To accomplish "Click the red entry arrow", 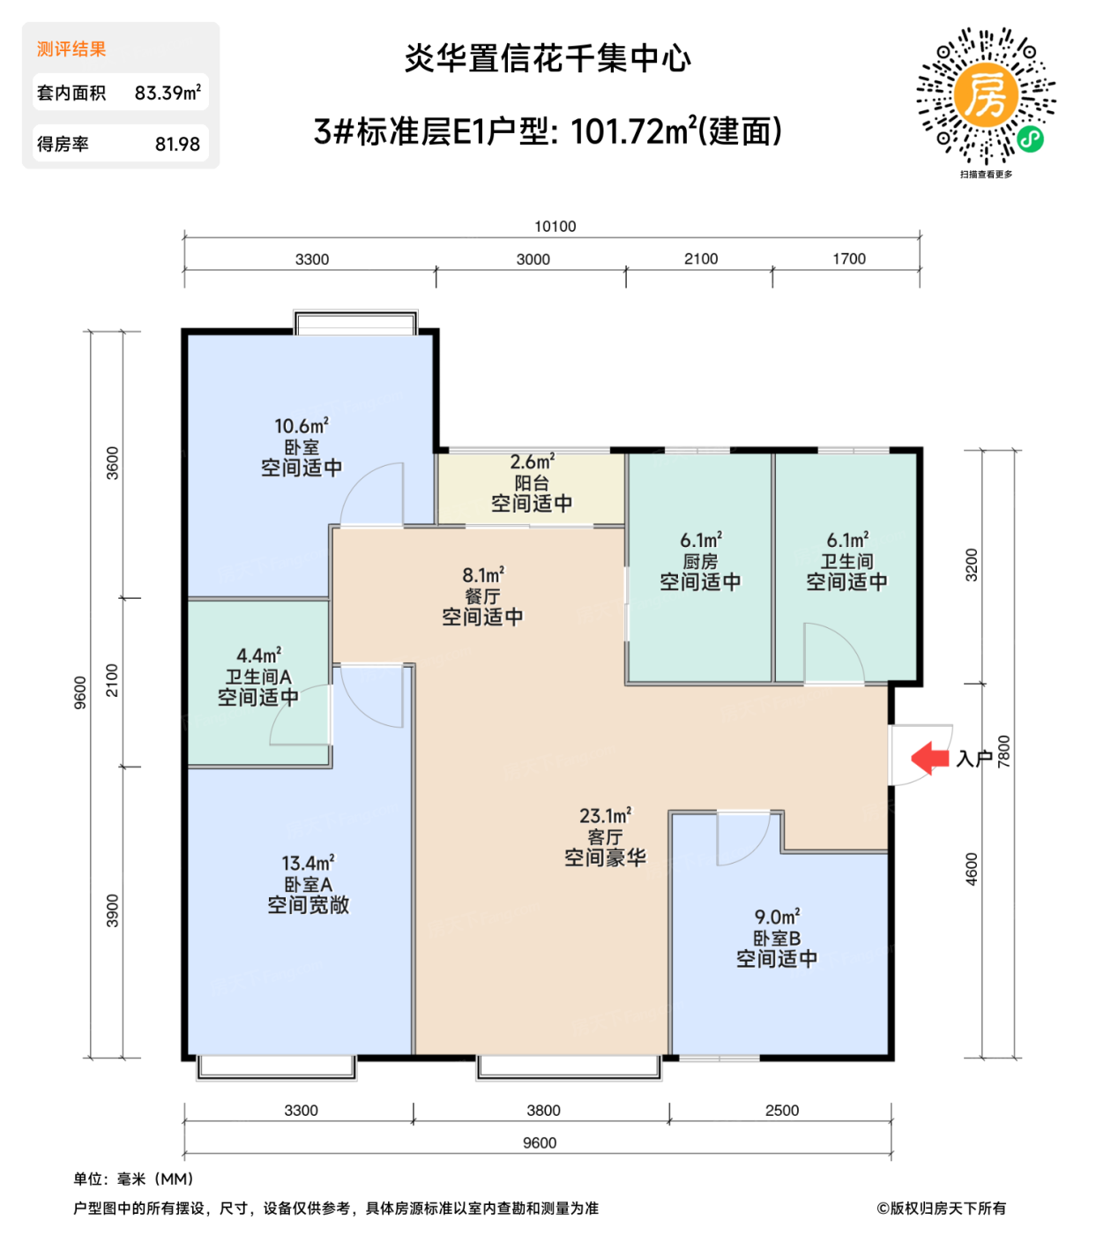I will click(929, 758).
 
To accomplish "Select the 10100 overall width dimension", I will click(555, 227).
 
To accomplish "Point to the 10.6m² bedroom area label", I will click(301, 427).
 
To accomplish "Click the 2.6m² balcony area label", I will click(532, 462).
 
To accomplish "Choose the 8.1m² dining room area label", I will click(482, 575).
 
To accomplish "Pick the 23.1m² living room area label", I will click(605, 816).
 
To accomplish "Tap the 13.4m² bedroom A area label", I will click(308, 863).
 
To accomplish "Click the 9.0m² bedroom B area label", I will click(777, 917).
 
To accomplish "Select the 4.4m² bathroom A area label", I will click(258, 655).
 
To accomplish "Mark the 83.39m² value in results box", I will click(168, 93).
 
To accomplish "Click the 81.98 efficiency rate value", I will click(177, 144).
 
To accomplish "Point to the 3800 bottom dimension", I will click(543, 1111).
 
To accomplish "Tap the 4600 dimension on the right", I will click(971, 869).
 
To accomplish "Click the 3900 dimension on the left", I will click(113, 910).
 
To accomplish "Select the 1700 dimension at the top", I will click(848, 259).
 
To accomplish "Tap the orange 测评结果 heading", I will click(71, 49).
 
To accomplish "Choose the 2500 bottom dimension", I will click(781, 1111).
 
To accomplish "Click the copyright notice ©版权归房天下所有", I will click(941, 1209).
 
